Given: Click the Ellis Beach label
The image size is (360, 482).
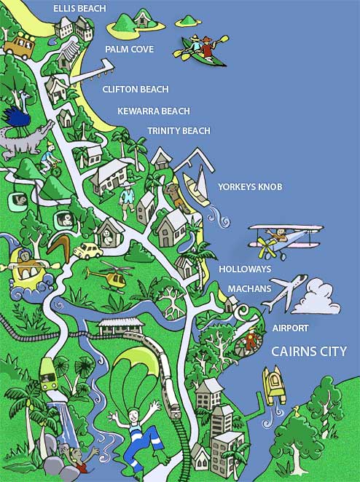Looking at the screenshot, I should (79, 9).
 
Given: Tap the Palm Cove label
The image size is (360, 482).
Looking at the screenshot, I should (130, 50).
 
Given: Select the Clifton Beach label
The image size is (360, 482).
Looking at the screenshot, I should (136, 89).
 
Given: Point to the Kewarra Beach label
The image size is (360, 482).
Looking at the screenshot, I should (153, 111).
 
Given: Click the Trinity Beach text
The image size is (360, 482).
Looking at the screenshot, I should (179, 130).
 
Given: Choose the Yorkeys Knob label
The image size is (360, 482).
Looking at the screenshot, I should (249, 187).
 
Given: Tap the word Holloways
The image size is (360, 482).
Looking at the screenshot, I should (245, 269).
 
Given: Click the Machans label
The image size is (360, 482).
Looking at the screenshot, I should (249, 288).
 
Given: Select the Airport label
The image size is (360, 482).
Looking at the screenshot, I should (290, 328).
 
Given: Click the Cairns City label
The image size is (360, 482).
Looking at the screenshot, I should (309, 351).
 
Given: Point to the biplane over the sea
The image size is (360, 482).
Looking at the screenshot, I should (284, 239).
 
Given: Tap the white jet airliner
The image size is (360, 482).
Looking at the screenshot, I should (289, 291).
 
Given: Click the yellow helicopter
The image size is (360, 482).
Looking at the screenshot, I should (107, 276).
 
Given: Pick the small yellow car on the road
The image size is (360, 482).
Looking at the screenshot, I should (87, 250).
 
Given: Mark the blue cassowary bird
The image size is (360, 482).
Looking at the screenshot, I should (17, 116).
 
